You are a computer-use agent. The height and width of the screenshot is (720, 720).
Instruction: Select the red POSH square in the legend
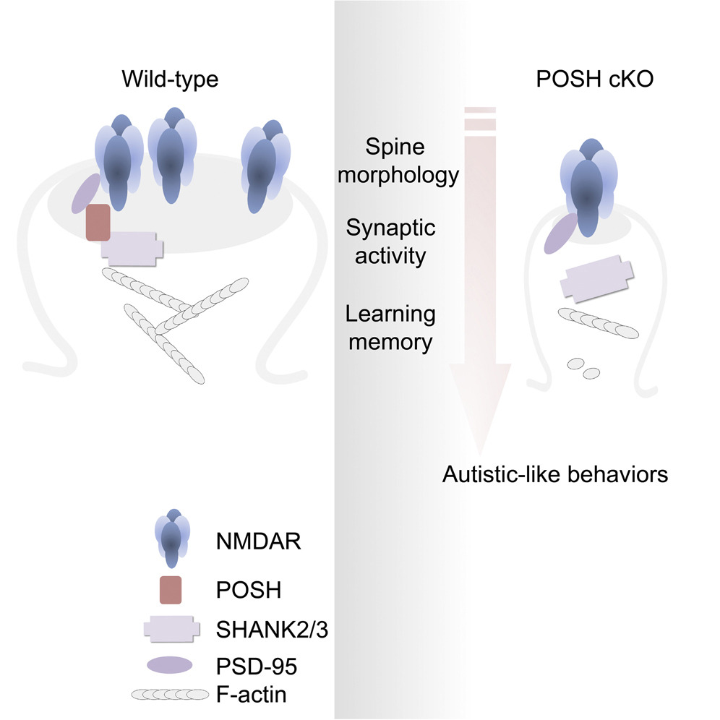166,590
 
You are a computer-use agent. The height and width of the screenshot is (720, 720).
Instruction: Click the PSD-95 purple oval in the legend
169,667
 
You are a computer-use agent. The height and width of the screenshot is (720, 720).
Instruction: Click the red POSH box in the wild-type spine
98,222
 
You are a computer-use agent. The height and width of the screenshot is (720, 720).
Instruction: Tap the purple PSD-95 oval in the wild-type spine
87,193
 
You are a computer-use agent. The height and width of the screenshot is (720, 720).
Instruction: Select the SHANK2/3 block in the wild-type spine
132,246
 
